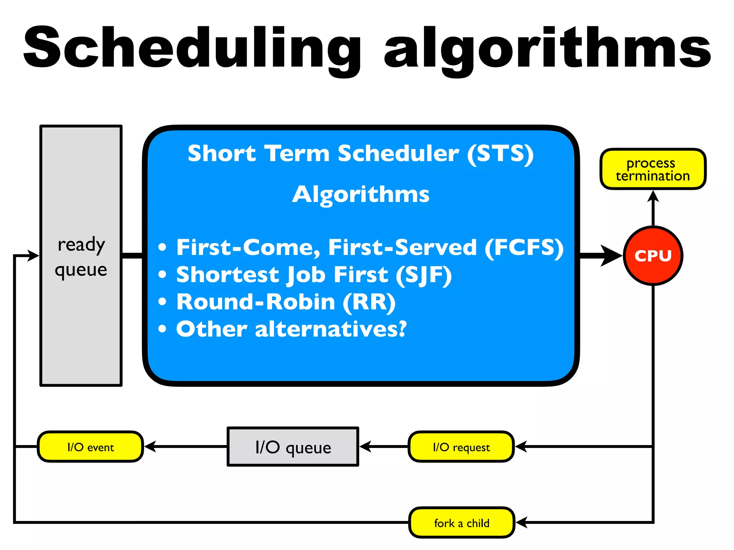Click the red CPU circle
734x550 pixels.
tap(653, 256)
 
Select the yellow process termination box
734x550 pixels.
tap(653, 169)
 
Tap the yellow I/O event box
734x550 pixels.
tap(90, 447)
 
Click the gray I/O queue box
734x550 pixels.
tap(293, 447)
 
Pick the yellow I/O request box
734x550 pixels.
tap(461, 447)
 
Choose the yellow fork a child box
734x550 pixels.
tap(462, 523)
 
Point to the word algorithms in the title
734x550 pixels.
tap(547, 48)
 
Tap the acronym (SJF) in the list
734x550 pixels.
tap(424, 275)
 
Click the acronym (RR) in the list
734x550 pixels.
tap(369, 302)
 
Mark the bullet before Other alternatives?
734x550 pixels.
tap(162, 329)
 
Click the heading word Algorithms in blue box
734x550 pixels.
tap(361, 194)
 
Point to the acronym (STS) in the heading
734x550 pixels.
tap(500, 154)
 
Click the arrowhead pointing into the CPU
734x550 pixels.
tap(612, 256)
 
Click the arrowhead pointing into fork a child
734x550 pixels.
tap(521, 522)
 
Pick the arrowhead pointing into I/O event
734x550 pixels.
tap(150, 447)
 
